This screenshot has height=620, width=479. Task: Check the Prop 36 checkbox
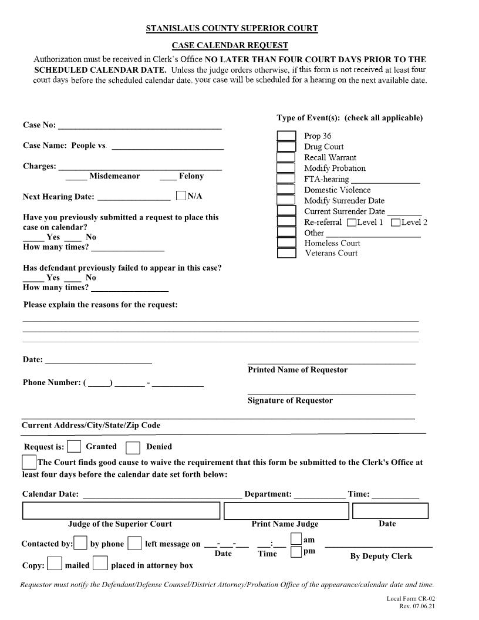pos(286,136)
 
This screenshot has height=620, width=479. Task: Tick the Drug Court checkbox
pos(286,147)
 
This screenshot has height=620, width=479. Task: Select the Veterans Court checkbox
pos(286,253)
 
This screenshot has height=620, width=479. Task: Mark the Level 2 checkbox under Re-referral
pos(396,223)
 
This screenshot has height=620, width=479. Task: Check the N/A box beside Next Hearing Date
pos(181,196)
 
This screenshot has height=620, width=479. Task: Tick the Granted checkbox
pos(74,447)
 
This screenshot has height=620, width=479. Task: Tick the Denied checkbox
pos(133,447)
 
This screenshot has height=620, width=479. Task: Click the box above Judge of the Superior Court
pos(121,511)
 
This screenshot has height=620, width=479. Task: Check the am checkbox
pos(296,539)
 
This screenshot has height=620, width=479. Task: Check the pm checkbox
pos(296,552)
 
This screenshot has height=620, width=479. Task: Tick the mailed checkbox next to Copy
pos(55,564)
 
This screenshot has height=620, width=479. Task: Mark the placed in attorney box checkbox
pos(101,564)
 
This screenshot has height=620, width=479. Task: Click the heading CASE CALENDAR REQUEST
pos(230,45)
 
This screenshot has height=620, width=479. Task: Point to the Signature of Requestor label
pos(290,400)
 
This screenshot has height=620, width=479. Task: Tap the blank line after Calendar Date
pos(162,494)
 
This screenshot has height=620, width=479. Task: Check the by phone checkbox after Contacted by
pos(81,543)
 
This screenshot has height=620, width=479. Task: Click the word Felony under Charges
pos(191,176)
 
